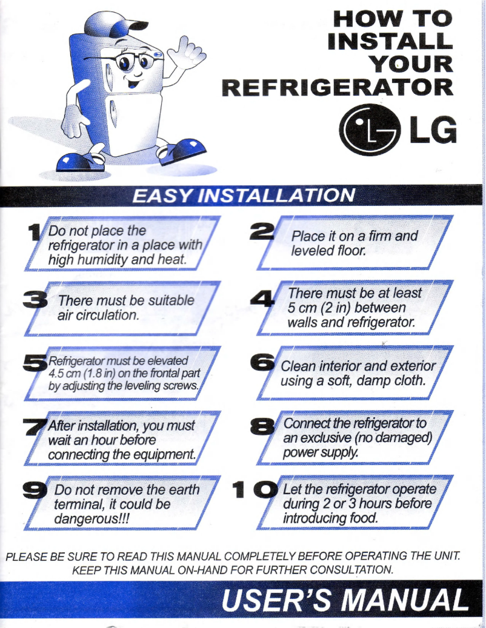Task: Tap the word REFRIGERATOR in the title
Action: point(337,87)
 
